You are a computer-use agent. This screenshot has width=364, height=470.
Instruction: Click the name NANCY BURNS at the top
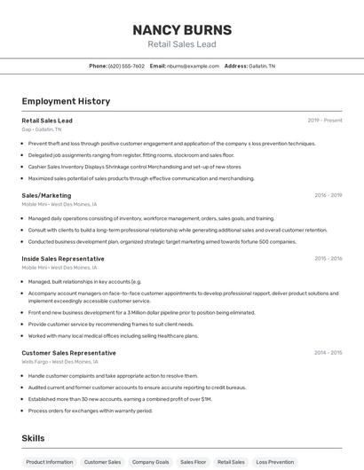(181, 30)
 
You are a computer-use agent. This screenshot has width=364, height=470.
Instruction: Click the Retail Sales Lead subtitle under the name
(181, 44)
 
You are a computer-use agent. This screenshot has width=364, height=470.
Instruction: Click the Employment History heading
(66, 101)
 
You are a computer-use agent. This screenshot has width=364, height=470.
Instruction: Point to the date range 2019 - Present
(325, 121)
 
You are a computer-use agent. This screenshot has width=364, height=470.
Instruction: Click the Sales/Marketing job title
(46, 195)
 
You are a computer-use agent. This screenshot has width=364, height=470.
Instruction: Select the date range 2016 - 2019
(328, 195)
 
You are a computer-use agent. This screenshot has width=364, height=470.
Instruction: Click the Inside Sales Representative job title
(63, 259)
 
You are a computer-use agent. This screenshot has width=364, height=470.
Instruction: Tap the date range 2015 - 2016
(328, 259)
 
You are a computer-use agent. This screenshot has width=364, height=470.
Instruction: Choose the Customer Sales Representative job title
(68, 353)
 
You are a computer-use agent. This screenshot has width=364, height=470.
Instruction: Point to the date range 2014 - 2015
(328, 353)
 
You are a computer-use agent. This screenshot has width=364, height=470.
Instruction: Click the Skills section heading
(33, 438)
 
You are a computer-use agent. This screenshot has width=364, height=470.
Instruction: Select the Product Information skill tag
(50, 462)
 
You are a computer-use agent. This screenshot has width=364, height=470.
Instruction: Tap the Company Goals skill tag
(150, 462)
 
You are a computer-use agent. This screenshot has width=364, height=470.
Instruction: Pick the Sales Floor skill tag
(193, 462)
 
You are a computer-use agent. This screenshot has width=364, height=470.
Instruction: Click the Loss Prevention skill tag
(274, 462)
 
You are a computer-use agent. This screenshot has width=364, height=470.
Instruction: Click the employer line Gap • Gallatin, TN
(42, 129)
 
